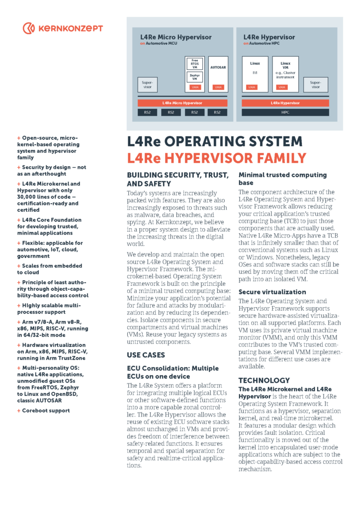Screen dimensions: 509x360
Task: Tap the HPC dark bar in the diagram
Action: coord(285,112)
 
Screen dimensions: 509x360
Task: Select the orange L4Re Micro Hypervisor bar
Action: coord(182,103)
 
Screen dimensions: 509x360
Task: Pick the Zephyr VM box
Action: coord(194,77)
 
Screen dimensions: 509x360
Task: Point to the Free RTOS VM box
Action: coord(194,64)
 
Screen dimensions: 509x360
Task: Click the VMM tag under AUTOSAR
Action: coord(218,87)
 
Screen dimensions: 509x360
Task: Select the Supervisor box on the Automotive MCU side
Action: coord(147,84)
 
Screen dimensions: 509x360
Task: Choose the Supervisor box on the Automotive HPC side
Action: coord(315,84)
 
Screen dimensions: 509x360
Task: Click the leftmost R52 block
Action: coord(147,112)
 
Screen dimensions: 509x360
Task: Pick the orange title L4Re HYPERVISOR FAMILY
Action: coord(216,158)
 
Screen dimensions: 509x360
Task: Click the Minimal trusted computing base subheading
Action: coord(282,179)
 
